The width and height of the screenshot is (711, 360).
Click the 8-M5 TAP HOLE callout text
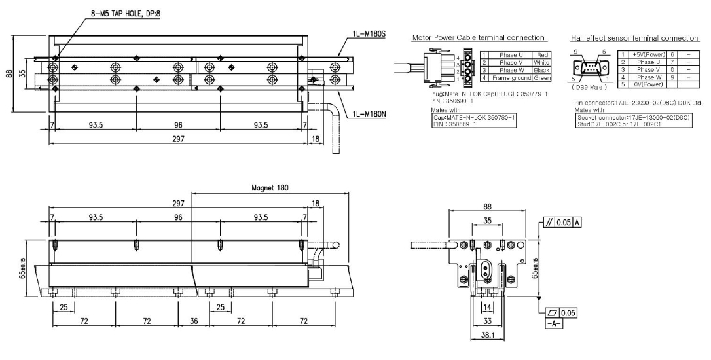(x=131, y=11)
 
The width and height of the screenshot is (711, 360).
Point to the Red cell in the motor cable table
(x=541, y=55)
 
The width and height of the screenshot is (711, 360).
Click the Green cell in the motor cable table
(x=541, y=78)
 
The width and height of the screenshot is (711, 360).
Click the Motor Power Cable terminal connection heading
(x=479, y=38)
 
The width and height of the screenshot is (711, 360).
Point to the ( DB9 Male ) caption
(x=585, y=87)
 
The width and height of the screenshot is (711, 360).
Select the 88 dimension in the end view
(x=487, y=205)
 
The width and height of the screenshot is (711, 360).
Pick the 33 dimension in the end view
(x=487, y=323)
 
